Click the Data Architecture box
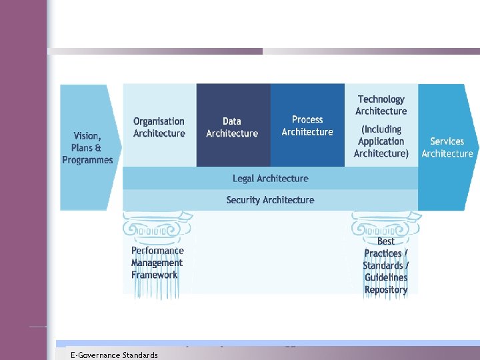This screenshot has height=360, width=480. tap(233, 127)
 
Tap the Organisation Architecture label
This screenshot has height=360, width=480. tap(159, 127)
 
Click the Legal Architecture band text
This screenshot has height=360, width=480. tap(271, 178)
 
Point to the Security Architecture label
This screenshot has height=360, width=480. tap(270, 199)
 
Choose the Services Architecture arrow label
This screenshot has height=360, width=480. tap(447, 147)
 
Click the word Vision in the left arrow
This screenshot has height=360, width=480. tap(86, 135)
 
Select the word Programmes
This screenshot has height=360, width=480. tap(87, 160)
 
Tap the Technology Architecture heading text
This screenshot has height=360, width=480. tap(381, 105)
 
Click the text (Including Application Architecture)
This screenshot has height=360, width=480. tap(381, 141)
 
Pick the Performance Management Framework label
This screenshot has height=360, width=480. tap(157, 263)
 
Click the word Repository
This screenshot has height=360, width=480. tap(386, 290)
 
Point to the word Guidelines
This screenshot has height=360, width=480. tap(386, 277)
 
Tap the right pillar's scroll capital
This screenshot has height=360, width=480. tap(386, 225)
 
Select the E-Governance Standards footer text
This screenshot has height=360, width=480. tap(114, 355)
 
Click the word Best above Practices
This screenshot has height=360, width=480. tap(386, 241)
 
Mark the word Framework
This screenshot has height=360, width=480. tap(155, 275)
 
